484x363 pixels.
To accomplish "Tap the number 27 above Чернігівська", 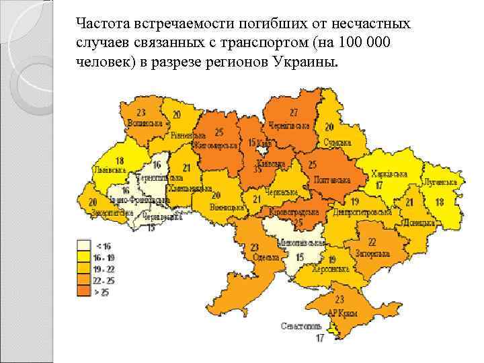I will click(293, 112).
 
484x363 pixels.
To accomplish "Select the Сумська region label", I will click(337, 143).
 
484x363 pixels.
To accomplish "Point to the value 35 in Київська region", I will click(257, 170).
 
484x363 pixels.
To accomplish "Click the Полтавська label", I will click(331, 180).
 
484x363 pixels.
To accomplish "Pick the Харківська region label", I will click(388, 173).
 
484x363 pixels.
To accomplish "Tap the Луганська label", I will click(440, 182).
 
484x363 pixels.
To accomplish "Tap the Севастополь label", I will click(301, 326).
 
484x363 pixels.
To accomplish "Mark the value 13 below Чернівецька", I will click(150, 228).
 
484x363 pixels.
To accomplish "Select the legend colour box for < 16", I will click(83, 245).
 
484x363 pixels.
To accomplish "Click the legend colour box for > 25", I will click(83, 290).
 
